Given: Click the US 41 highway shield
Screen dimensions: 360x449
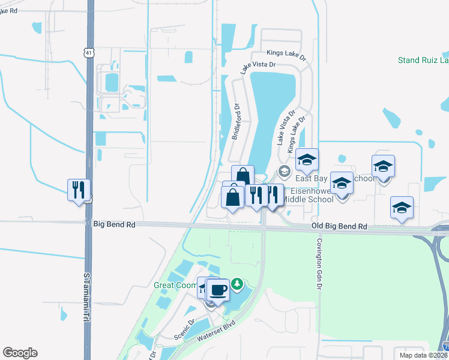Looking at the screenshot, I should (89, 53).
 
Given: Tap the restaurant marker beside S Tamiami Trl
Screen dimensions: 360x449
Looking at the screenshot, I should (79, 190).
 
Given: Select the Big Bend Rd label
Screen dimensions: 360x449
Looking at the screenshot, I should (114, 224).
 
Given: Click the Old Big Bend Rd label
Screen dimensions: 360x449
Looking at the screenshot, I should (339, 227).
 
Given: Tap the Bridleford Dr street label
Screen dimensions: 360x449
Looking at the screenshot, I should (237, 122).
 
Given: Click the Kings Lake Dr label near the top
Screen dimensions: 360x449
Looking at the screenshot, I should (286, 54).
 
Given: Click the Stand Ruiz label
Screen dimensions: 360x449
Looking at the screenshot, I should (423, 60).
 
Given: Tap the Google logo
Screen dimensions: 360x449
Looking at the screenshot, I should (20, 353).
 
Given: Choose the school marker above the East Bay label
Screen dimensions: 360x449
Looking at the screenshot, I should (307, 160).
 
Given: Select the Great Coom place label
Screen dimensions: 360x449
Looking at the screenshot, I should (175, 285).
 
